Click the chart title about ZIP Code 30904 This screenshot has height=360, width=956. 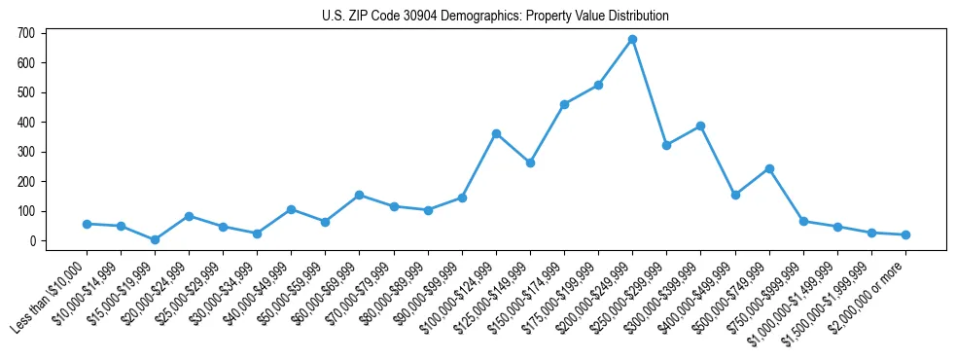[495, 17]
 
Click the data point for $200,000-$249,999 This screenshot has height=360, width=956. [632, 40]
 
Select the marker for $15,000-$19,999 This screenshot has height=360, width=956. [155, 239]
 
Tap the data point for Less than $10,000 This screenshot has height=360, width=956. [87, 224]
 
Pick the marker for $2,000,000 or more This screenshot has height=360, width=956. [905, 234]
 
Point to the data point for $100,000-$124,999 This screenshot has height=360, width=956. [496, 133]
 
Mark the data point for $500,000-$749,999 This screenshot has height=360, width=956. [769, 168]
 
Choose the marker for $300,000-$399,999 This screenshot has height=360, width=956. [700, 126]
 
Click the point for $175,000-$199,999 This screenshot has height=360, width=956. [598, 86]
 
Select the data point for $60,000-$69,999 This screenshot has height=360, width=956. [359, 195]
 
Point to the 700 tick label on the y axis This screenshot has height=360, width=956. [26, 33]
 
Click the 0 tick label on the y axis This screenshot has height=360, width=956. [31, 240]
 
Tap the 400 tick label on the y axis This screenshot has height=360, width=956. [26, 122]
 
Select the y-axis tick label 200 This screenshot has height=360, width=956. [26, 181]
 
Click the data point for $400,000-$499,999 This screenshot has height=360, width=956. [735, 195]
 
